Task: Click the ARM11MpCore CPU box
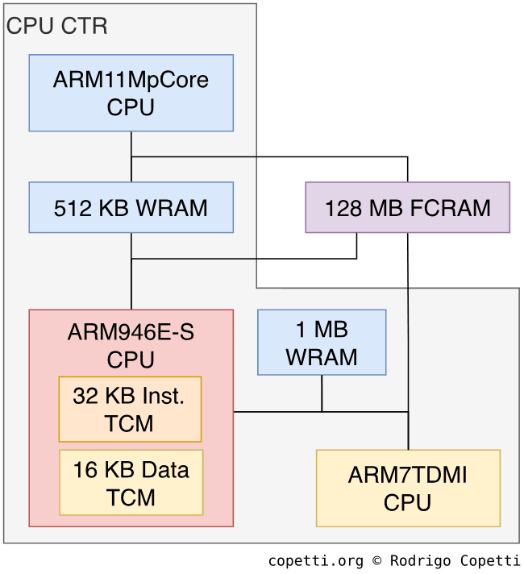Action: click(131, 93)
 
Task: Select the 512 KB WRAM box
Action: click(131, 207)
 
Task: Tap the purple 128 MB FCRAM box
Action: click(407, 207)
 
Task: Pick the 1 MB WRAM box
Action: click(322, 343)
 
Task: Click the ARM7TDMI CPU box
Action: click(408, 488)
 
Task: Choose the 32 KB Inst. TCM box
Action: click(130, 409)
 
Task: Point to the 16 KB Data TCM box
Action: click(131, 482)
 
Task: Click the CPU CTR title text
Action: click(56, 26)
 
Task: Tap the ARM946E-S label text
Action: click(131, 333)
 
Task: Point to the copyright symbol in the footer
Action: click(377, 560)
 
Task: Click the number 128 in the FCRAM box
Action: click(342, 208)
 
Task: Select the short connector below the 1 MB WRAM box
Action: click(322, 393)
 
